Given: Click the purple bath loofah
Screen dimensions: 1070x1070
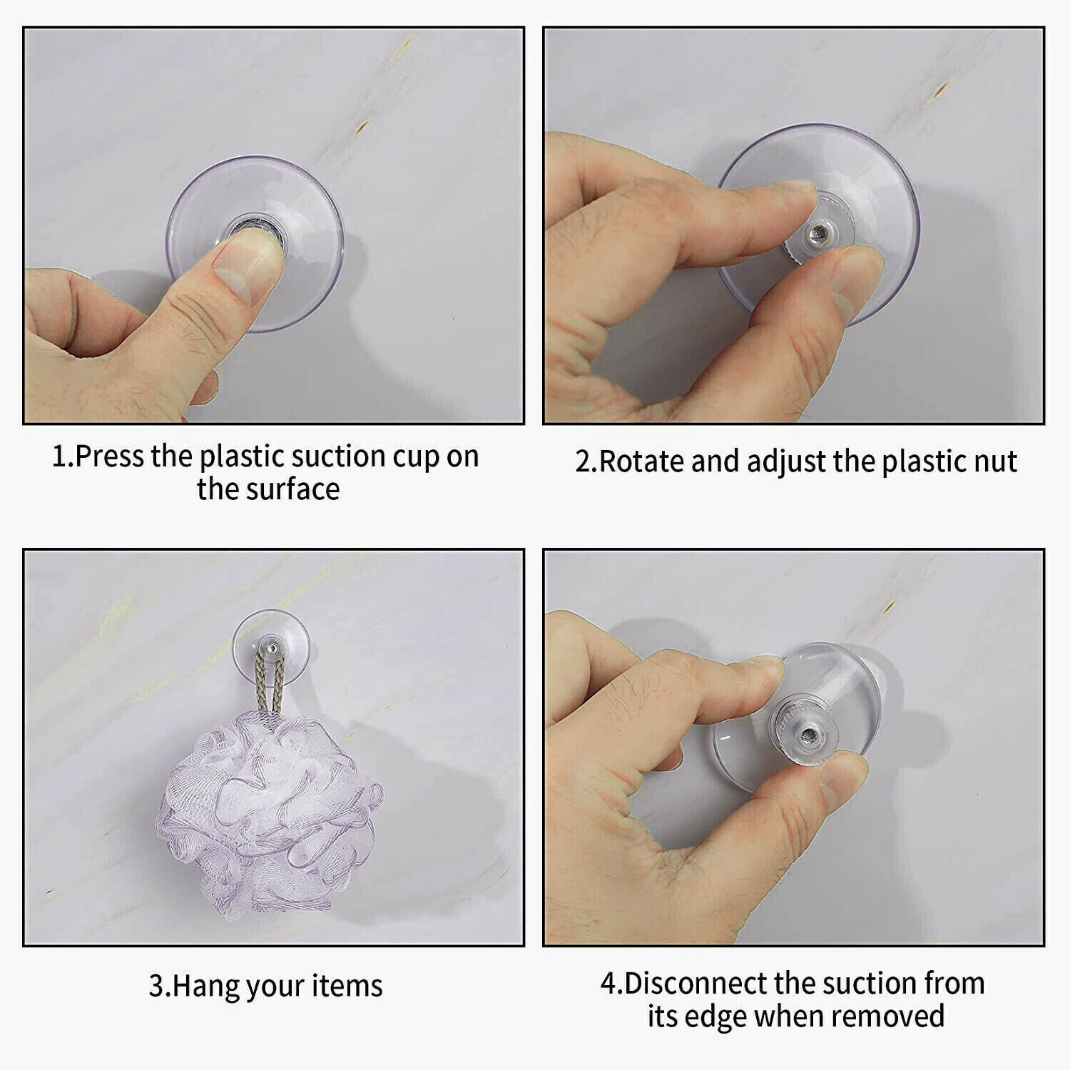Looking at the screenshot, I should pos(267,813).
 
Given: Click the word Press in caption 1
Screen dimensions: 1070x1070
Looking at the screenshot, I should pos(111,457).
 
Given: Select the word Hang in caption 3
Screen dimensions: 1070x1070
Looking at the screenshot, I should pos(196,986).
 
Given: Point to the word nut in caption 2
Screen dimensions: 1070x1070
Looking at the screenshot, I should pos(997,462).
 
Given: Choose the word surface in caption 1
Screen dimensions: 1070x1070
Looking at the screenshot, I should pos(299,489).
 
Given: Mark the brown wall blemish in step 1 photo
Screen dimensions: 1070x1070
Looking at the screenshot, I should pos(362,126).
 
